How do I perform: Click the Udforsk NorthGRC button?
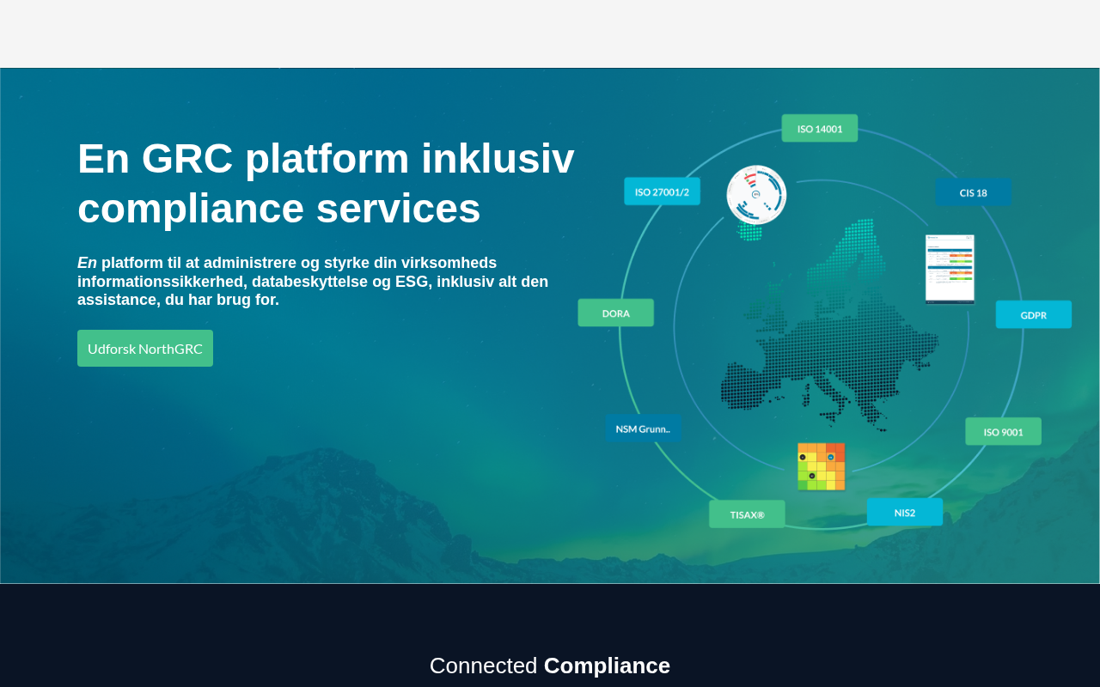[x=145, y=348]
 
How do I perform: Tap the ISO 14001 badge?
[x=820, y=128]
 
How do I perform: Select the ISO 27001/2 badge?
[x=662, y=192]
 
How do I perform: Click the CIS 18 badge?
[x=974, y=192]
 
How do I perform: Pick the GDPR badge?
[x=1034, y=314]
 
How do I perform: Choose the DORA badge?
[x=616, y=313]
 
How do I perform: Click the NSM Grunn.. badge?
[x=644, y=429]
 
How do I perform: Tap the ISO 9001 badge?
[x=1003, y=431]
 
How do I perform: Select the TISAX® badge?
[x=747, y=514]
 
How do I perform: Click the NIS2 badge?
[x=905, y=513]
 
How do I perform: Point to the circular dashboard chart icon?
[x=756, y=195]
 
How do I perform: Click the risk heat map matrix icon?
[x=821, y=466]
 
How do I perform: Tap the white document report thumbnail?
[x=950, y=269]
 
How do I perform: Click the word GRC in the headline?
[x=187, y=159]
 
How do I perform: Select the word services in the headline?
[x=398, y=208]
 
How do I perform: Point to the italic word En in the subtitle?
[x=87, y=263]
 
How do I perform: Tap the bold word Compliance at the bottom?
[x=607, y=666]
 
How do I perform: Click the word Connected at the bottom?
[x=483, y=666]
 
